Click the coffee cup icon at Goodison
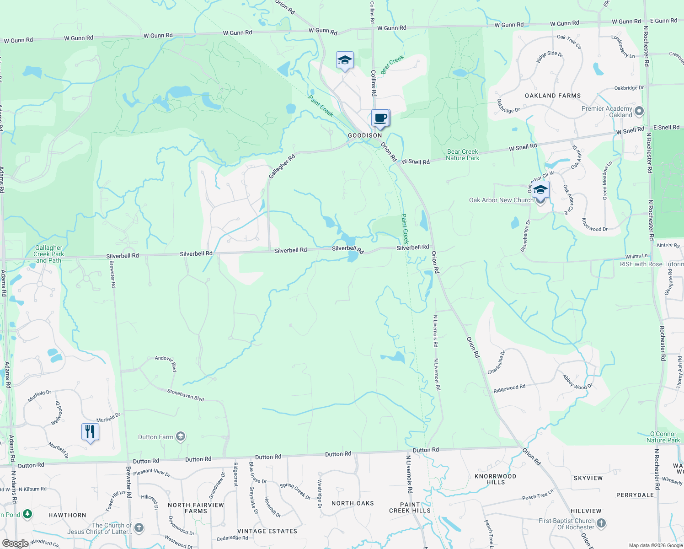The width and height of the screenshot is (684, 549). point(380,118)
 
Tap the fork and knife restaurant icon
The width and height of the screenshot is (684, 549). point(90,431)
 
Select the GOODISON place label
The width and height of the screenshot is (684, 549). point(365,135)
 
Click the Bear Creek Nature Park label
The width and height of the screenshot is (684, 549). point(463,155)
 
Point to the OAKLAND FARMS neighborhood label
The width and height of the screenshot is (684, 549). point(553,96)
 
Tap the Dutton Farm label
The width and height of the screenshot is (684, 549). point(156,437)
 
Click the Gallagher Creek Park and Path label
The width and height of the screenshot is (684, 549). point(48,254)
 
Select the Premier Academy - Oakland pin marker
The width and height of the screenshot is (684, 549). point(639,111)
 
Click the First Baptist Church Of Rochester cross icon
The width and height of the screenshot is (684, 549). point(601,523)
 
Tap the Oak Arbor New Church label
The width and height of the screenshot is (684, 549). point(501,200)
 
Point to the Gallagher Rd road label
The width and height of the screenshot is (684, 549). point(282,167)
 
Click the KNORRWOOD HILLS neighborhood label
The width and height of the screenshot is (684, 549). point(495,479)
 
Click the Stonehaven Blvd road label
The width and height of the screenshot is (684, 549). point(186,395)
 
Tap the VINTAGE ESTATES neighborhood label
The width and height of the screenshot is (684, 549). point(267,531)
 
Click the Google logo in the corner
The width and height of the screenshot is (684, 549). point(15,544)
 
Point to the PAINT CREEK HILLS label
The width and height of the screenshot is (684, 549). point(410,507)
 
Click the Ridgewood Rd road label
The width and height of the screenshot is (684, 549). point(509,388)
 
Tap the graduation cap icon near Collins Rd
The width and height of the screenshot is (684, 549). point(345,60)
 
